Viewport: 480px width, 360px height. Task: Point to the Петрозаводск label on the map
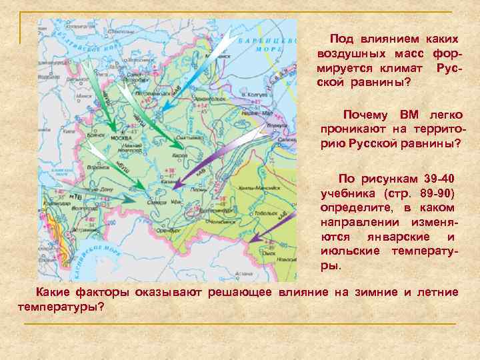pos(153,95)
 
